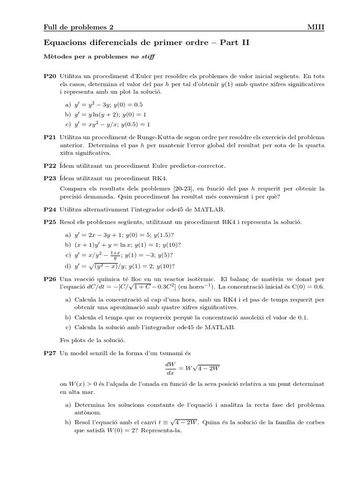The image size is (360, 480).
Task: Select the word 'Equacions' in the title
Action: coord(64,43)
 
